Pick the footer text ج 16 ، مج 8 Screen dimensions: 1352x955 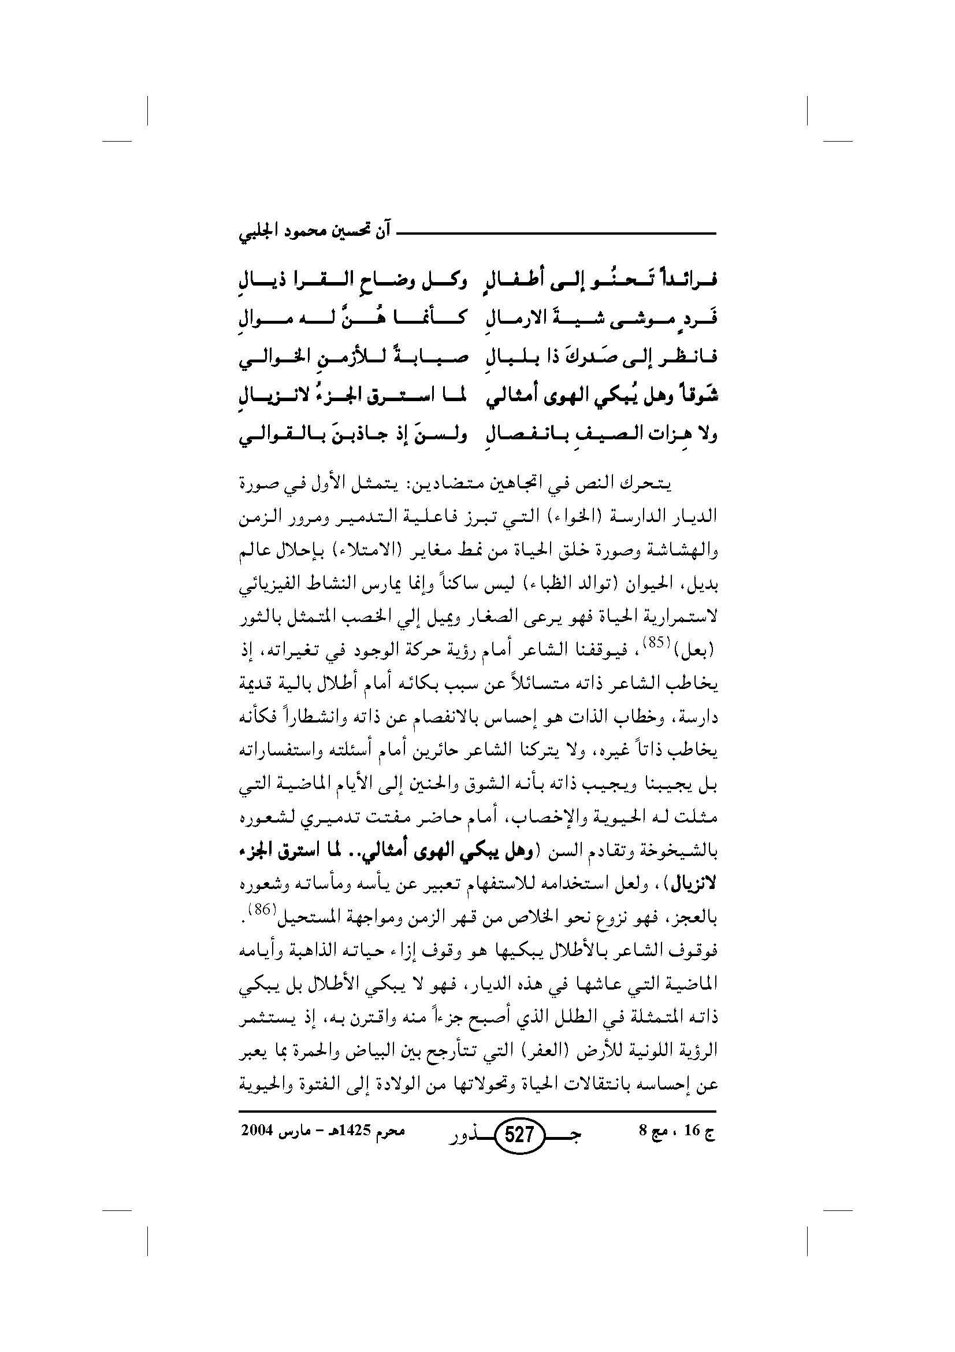(x=677, y=1131)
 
